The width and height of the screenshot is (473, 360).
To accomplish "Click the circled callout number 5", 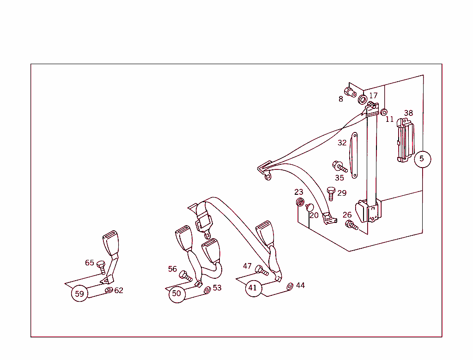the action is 422,159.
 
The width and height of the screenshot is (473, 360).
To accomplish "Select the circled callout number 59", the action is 79,294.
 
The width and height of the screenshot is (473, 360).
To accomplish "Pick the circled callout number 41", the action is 254,288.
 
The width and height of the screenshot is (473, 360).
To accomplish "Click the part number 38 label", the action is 408,113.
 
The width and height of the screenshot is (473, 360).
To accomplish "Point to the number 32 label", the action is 342,143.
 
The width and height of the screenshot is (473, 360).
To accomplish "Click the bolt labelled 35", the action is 340,167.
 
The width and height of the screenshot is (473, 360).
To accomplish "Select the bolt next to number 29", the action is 331,193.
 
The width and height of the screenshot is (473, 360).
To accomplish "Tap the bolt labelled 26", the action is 352,225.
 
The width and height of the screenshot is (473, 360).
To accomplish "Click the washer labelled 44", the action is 290,287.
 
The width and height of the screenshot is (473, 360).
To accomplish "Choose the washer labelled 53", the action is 207,290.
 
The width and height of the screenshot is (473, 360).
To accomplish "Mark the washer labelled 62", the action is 109,290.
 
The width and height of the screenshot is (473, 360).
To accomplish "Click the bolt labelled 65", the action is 101,267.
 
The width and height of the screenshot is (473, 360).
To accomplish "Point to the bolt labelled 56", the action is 185,276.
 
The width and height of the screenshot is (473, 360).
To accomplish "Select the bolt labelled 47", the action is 261,270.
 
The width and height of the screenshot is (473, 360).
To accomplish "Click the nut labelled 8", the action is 350,92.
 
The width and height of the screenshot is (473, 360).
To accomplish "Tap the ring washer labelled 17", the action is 363,100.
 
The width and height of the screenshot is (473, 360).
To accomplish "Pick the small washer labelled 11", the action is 384,113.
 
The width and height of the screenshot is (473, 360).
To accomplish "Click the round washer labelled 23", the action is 300,202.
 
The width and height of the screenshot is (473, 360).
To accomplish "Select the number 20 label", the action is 314,215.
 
